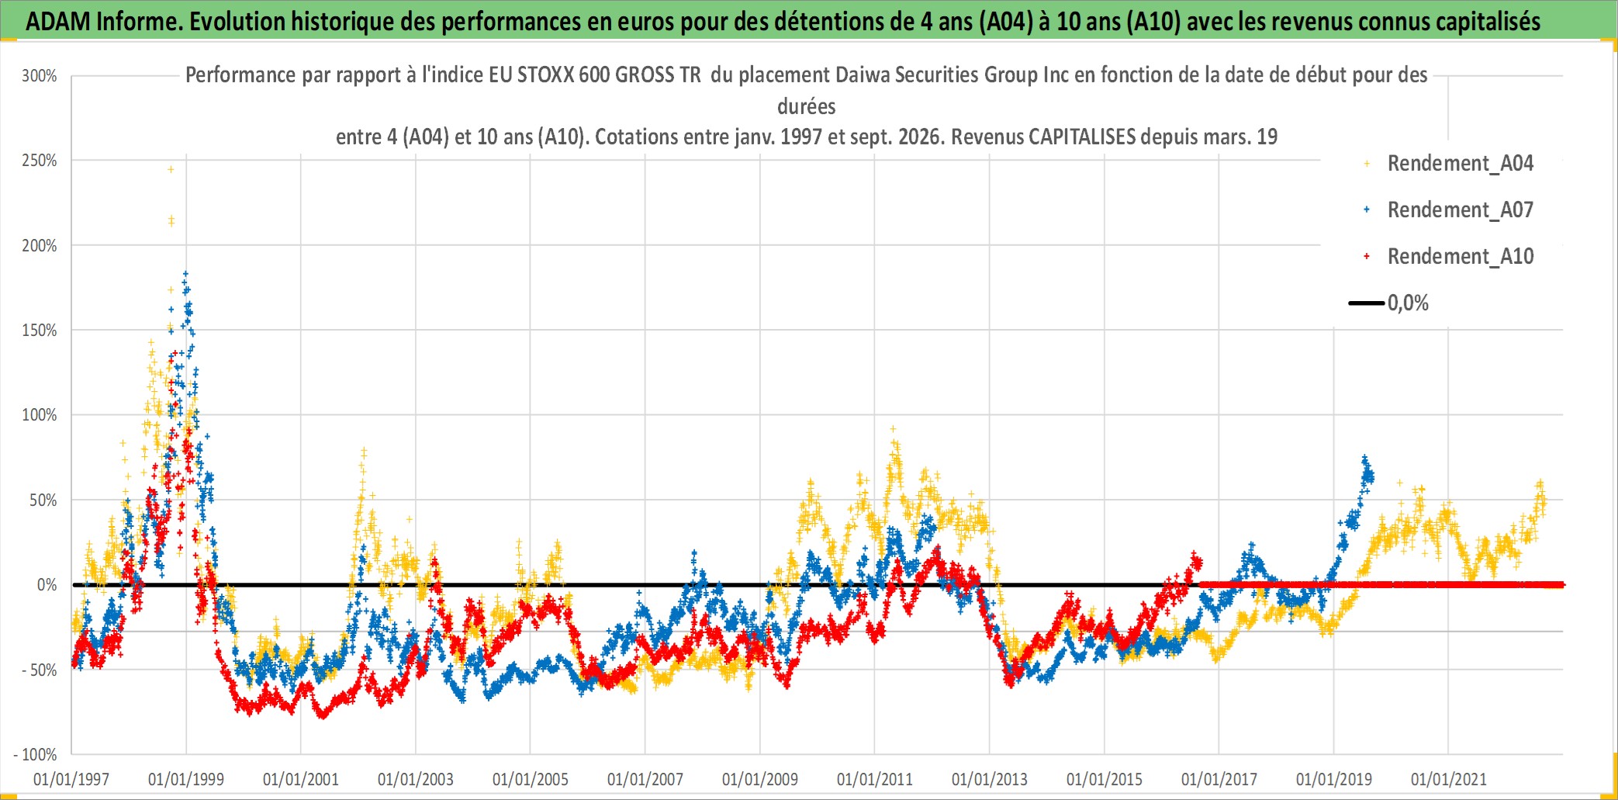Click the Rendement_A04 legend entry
(x=1449, y=164)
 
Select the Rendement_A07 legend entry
(x=1449, y=210)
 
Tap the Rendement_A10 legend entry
(x=1449, y=257)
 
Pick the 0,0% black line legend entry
(x=1389, y=303)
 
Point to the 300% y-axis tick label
(x=40, y=76)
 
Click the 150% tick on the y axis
(x=40, y=331)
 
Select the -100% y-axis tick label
(x=36, y=754)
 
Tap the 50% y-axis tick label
(x=43, y=500)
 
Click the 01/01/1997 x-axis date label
(x=71, y=779)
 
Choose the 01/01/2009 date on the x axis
(x=760, y=779)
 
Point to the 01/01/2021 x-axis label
(x=1449, y=779)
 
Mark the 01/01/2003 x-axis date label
(x=416, y=779)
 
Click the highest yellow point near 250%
(x=171, y=169)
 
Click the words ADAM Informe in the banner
(x=104, y=22)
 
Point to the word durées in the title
(x=807, y=106)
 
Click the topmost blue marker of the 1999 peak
(x=185, y=273)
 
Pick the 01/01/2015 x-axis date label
(x=1105, y=779)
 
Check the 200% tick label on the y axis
(x=40, y=246)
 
